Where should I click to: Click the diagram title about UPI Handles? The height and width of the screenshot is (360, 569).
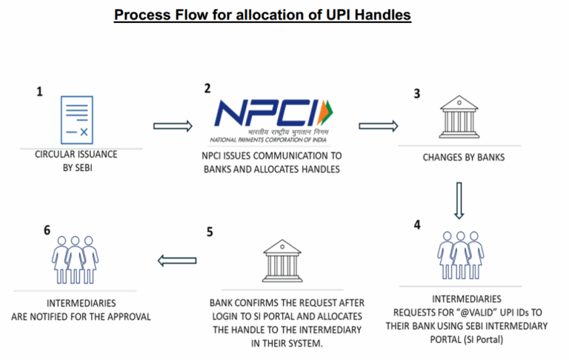262,15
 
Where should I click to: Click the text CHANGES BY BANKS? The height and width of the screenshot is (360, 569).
459,157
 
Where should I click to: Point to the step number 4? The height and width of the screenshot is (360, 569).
417,224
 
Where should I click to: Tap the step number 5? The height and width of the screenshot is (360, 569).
209,231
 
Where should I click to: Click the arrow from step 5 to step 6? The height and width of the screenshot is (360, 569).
171,260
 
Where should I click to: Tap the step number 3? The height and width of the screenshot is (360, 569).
416,94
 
